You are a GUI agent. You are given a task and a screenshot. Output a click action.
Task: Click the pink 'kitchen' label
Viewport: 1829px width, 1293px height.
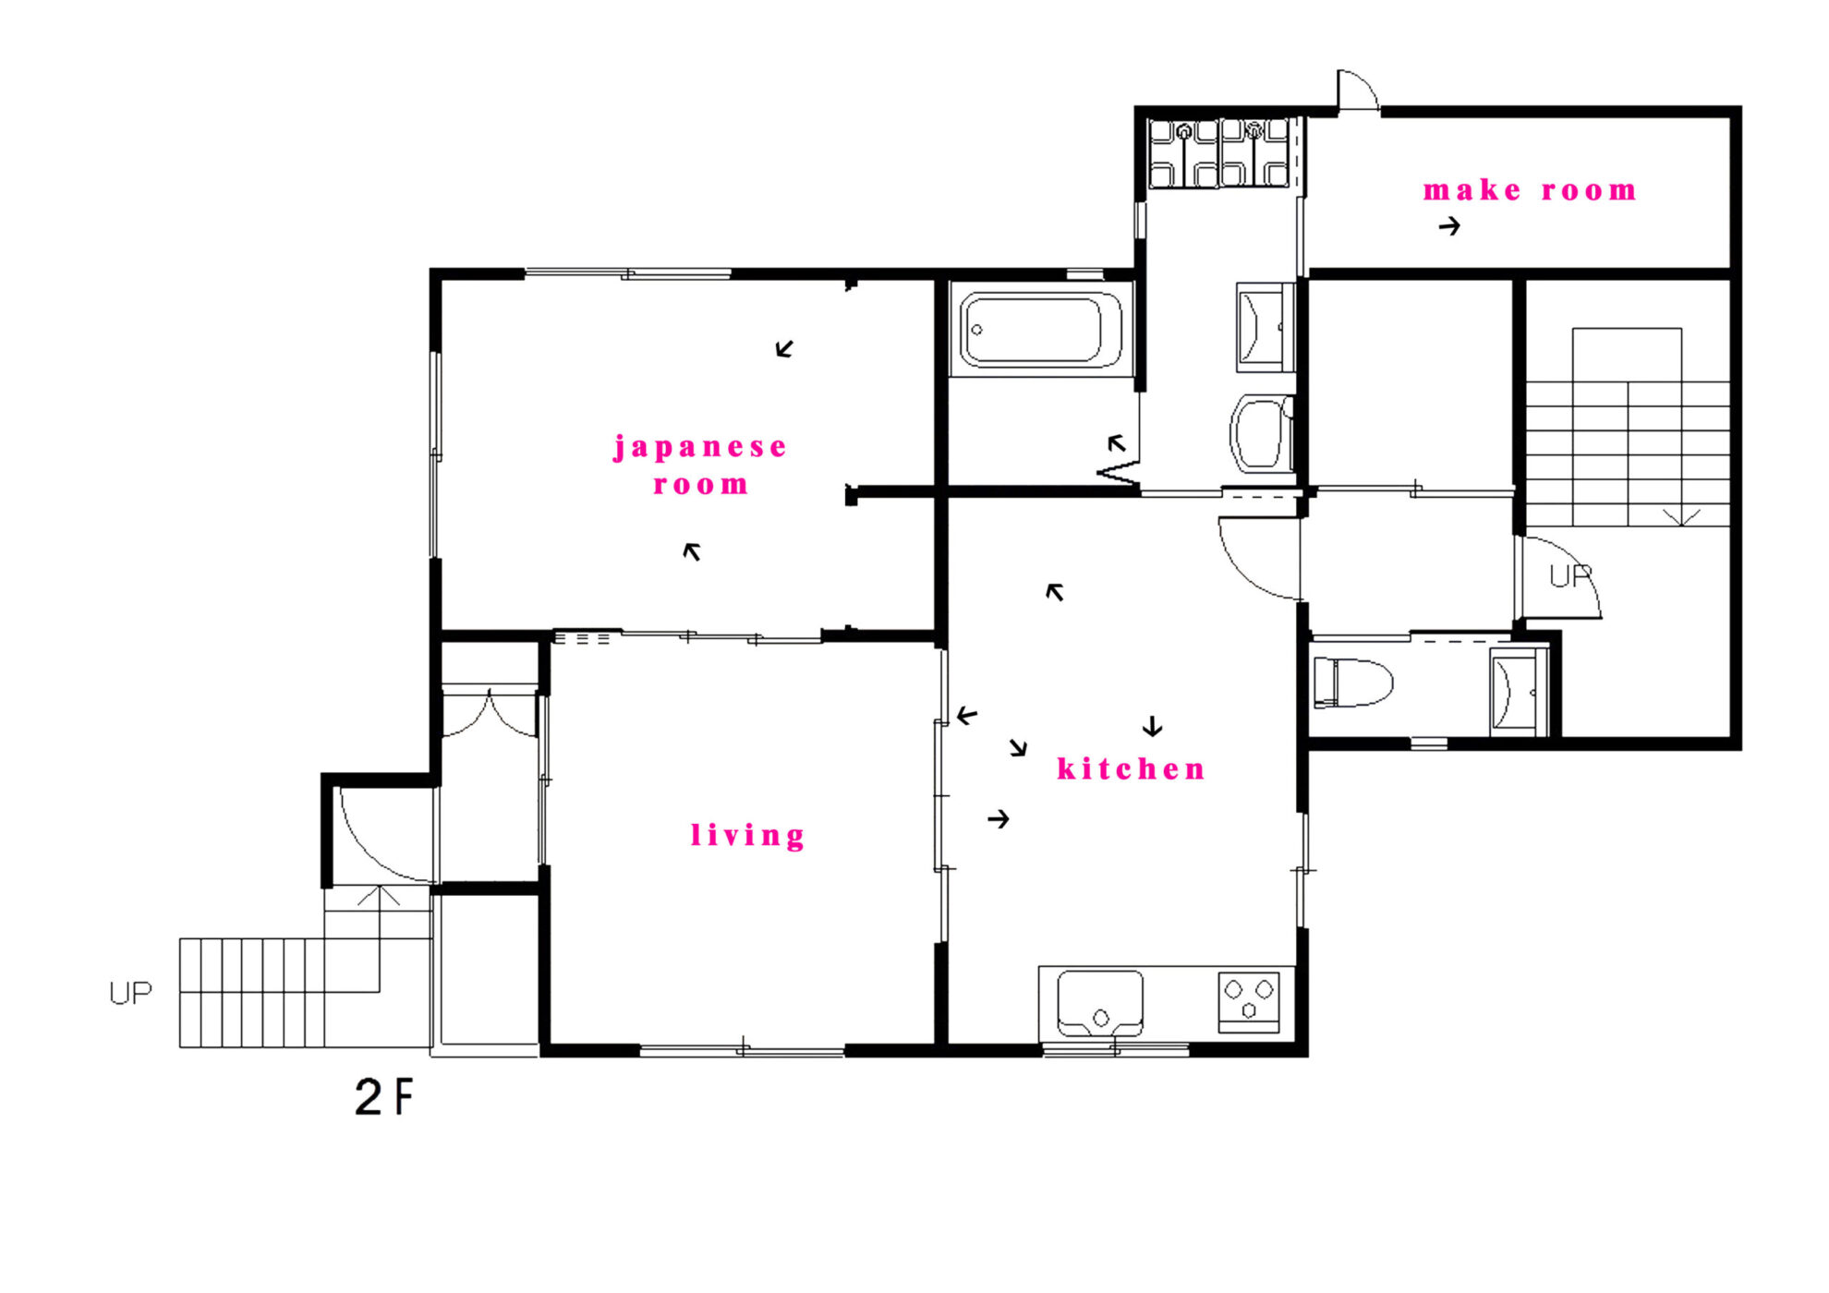point(1132,768)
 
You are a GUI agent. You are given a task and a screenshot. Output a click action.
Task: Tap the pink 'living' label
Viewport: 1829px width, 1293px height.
point(748,835)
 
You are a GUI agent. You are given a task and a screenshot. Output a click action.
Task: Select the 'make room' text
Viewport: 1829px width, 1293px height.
point(1530,190)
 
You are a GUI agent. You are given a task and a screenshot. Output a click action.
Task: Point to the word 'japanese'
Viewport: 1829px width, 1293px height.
point(700,448)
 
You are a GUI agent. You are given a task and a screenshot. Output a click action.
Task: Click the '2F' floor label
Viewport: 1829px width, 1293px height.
point(384,1097)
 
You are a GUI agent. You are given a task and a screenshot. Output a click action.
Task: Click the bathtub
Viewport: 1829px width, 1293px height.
point(1041,330)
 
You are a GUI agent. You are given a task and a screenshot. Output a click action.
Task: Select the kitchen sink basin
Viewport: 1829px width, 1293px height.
point(1099,1003)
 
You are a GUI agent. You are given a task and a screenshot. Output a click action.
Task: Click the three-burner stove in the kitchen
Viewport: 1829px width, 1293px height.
point(1249,1001)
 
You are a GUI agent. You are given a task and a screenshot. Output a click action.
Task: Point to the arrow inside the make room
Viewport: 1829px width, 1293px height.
point(1449,225)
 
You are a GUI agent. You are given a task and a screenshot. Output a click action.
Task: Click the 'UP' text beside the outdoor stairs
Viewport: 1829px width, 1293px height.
point(130,993)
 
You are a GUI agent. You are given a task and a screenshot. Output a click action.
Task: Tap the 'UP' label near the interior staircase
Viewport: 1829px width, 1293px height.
point(1570,576)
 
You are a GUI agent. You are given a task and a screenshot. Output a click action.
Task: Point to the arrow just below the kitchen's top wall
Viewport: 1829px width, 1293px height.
point(1054,592)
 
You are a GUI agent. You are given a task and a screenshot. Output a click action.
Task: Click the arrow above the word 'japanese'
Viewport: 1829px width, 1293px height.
point(784,348)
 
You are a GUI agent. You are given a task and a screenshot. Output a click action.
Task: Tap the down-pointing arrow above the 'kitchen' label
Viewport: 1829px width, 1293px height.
point(1152,727)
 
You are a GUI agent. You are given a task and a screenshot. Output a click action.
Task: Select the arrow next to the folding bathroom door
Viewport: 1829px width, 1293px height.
point(1117,443)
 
